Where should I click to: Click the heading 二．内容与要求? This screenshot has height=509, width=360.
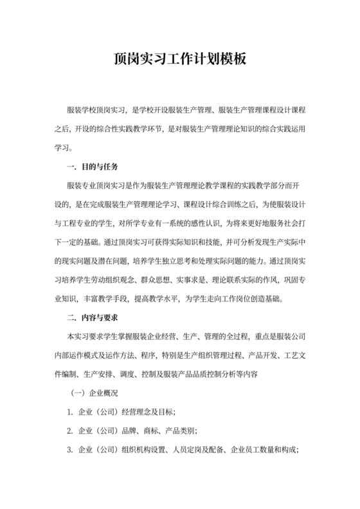point(92,317)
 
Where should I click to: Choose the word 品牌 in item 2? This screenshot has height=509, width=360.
point(130,430)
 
